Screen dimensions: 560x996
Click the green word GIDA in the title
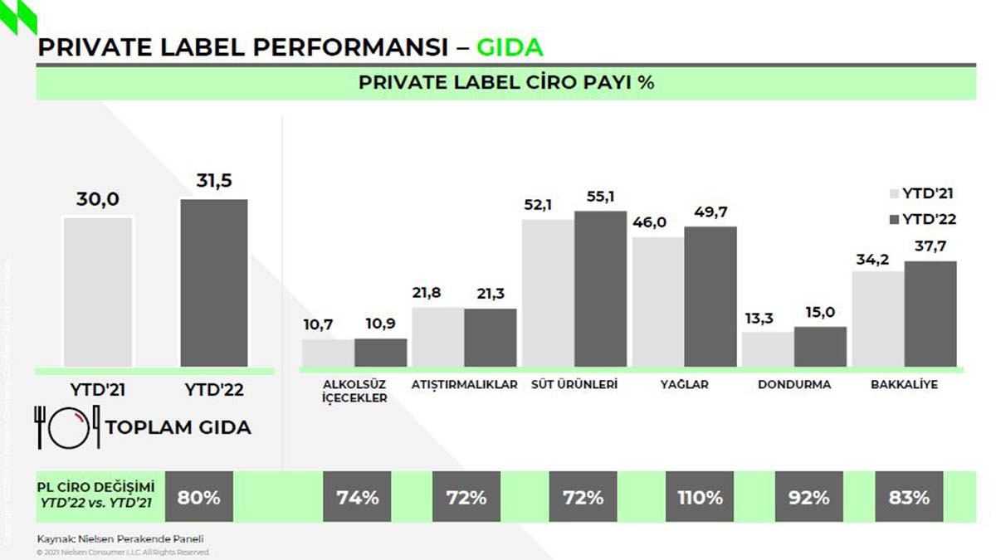click(x=510, y=46)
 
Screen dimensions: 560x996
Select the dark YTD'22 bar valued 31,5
click(x=214, y=282)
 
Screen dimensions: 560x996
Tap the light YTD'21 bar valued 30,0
click(x=99, y=291)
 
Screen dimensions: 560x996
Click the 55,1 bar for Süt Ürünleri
click(x=600, y=289)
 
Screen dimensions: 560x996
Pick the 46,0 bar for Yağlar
click(x=658, y=302)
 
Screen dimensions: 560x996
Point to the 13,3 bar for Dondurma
click(x=768, y=349)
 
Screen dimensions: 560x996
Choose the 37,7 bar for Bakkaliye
click(x=930, y=314)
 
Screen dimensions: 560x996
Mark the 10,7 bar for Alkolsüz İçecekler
click(x=328, y=353)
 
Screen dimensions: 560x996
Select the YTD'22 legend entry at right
click(x=922, y=219)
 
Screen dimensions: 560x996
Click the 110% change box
click(x=700, y=498)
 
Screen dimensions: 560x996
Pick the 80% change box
click(x=199, y=498)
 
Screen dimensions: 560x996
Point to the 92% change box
click(x=809, y=498)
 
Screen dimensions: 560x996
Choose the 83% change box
click(x=910, y=498)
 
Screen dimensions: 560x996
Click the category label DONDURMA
click(x=794, y=385)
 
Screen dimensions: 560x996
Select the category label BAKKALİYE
click(x=904, y=385)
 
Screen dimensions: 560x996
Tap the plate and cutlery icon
click(x=66, y=426)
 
